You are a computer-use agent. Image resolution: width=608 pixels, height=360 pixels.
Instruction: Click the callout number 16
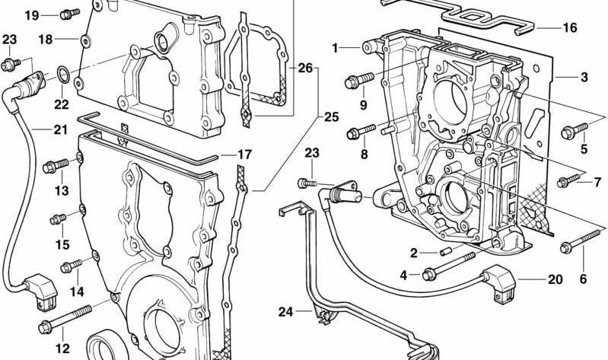click(x=570, y=28)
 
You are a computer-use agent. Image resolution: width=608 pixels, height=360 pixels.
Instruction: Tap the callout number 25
click(x=331, y=117)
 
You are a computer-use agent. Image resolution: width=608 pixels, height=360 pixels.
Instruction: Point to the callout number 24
click(x=285, y=311)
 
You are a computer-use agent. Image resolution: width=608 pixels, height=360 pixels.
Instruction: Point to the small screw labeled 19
click(x=68, y=13)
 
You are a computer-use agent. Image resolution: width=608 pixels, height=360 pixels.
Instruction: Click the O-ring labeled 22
click(x=64, y=75)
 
